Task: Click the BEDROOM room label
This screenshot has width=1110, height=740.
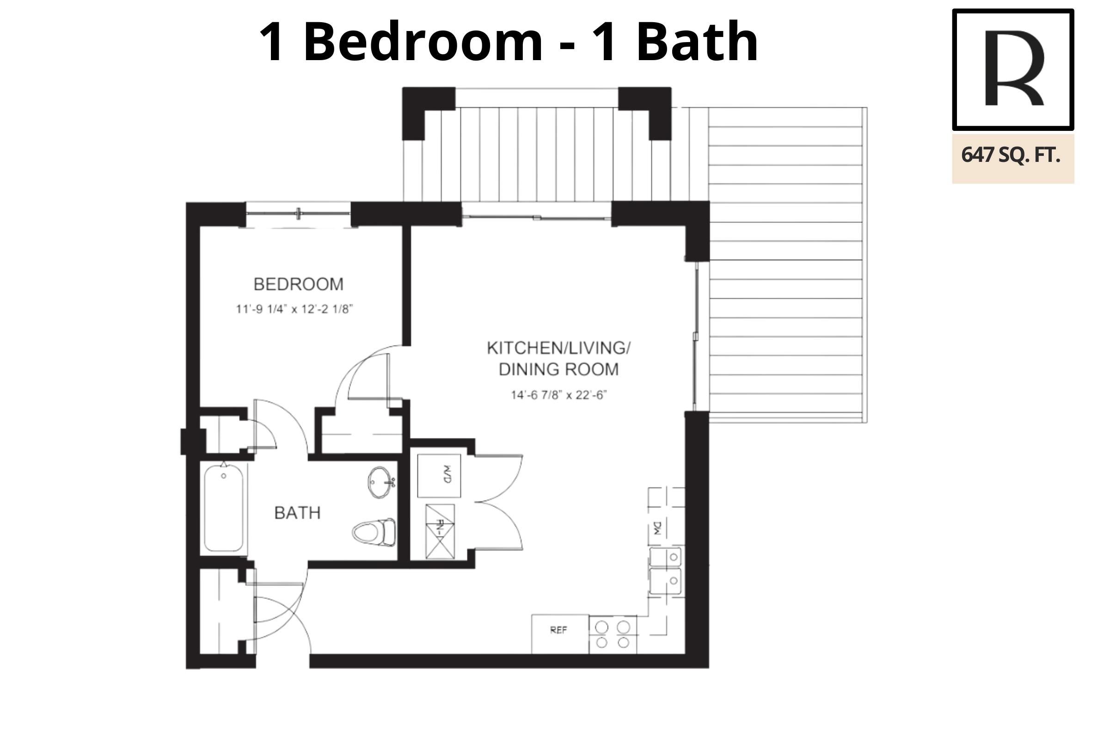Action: click(298, 284)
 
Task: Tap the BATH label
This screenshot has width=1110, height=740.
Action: click(297, 512)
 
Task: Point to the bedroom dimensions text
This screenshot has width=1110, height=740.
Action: click(294, 309)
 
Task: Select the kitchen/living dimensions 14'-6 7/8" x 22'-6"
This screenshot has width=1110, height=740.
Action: click(558, 395)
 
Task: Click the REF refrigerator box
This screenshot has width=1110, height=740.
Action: click(560, 634)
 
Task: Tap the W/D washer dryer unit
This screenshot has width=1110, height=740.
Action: click(439, 475)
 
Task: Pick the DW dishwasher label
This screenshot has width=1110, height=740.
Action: click(657, 528)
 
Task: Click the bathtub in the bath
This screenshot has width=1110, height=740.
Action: click(224, 508)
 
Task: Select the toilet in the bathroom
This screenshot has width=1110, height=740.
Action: click(374, 532)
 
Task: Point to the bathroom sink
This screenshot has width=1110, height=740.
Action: click(380, 482)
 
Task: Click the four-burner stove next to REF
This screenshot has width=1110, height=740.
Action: click(612, 635)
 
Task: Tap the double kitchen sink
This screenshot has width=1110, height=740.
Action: click(666, 571)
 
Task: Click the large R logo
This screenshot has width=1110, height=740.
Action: click(1013, 69)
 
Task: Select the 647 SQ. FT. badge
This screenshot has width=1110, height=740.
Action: click(1013, 159)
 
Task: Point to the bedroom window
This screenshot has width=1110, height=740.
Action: click(298, 214)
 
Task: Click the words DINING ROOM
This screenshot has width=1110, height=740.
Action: click(558, 369)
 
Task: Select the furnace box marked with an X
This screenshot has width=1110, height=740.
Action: click(440, 531)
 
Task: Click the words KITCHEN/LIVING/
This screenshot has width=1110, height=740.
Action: click(558, 348)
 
